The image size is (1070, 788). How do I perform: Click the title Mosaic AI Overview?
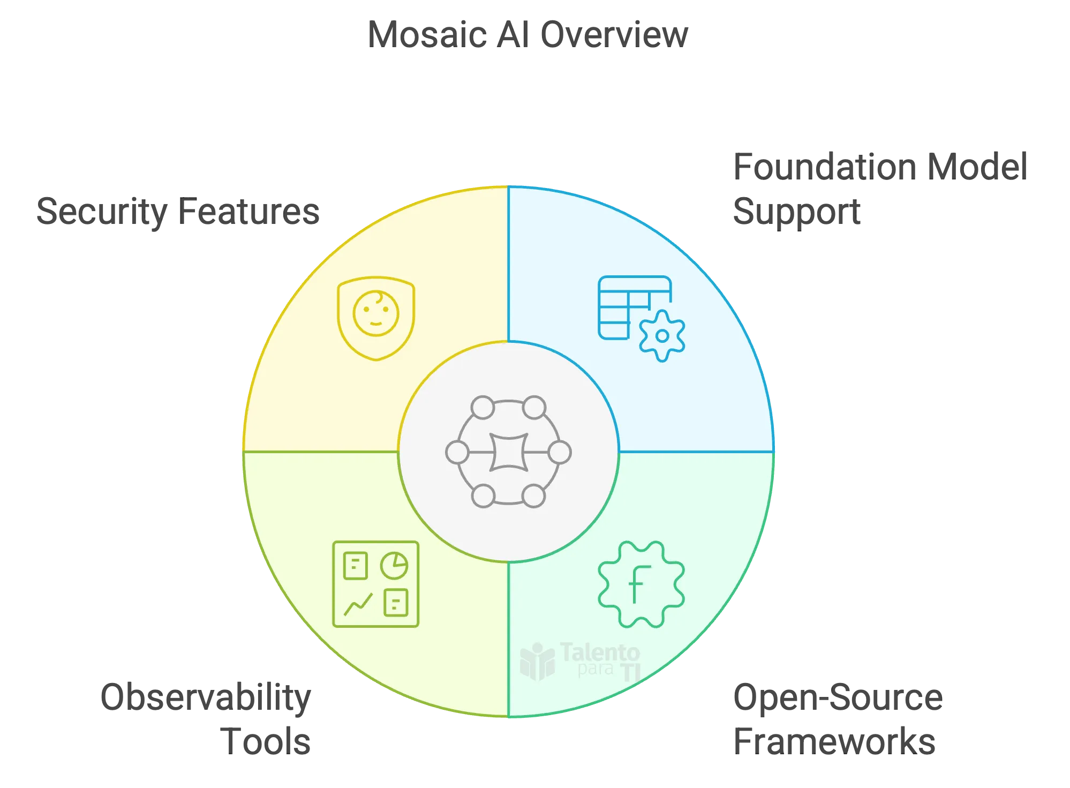528,34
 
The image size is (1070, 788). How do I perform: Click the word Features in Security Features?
249,212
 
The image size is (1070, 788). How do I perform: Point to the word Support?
796,212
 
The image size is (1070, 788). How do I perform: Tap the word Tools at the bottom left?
267,741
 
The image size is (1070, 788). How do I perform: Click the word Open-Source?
836,697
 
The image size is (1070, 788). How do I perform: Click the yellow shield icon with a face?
376,318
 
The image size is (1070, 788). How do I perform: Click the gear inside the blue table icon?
662,336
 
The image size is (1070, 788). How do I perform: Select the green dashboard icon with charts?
375,584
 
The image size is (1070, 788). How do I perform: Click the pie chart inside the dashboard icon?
394,565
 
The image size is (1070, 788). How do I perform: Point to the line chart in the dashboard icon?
358,604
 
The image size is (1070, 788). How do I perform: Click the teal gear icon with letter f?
641,584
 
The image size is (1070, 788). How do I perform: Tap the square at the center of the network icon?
509,452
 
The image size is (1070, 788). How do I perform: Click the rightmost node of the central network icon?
560,453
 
